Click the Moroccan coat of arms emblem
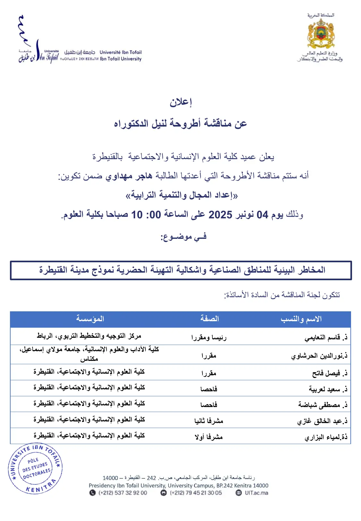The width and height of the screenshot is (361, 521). (321, 34)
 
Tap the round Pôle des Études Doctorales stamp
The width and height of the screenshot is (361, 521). (35, 468)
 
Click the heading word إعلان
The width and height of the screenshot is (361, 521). (181, 102)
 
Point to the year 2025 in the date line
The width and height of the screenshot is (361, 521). (220, 214)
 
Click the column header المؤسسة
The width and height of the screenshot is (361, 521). (90, 319)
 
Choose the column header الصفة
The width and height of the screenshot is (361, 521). (209, 319)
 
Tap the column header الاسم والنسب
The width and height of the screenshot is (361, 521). (301, 319)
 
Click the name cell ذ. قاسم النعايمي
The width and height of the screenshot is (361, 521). (326, 337)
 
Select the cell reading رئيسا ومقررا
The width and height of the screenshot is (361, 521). (209, 337)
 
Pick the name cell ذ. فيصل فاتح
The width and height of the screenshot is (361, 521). (330, 373)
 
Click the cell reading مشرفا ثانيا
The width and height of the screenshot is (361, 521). (209, 421)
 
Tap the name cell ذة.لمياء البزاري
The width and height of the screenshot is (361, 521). (326, 437)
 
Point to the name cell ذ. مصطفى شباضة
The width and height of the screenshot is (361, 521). (322, 405)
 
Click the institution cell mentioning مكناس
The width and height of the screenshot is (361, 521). (89, 354)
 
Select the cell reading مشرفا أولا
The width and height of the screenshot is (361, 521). (209, 437)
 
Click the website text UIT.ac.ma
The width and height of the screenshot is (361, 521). (256, 493)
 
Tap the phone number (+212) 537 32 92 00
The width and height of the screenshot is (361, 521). (123, 493)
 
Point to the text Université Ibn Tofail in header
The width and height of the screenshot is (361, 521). (121, 52)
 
